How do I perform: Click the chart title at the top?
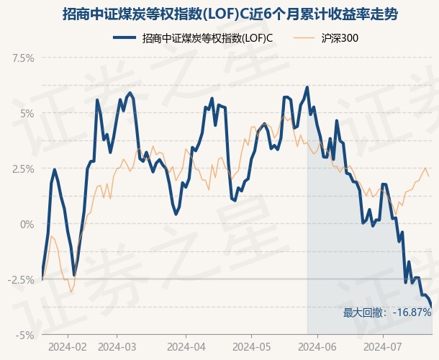click(x=219, y=14)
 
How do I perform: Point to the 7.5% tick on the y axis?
click(x=22, y=58)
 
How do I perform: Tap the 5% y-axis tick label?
click(x=27, y=113)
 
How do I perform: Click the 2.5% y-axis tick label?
click(x=22, y=168)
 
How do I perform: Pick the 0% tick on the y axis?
click(x=27, y=224)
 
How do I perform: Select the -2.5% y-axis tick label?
click(x=20, y=279)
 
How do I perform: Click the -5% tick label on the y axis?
click(x=25, y=335)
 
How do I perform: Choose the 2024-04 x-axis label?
click(x=185, y=346)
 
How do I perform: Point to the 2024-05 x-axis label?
click(x=251, y=346)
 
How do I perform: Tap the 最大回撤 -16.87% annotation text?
click(x=387, y=312)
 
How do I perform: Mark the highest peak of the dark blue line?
click(x=307, y=87)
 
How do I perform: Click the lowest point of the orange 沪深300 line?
click(x=70, y=292)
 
